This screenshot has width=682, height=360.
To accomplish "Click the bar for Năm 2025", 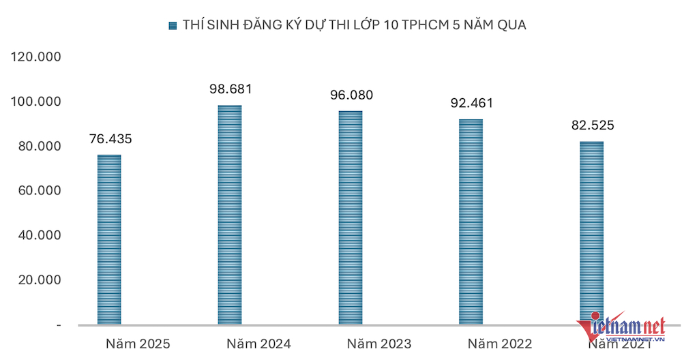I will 109,239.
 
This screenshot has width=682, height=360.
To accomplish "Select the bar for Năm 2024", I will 230,215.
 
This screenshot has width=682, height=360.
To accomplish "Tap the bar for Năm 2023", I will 351,217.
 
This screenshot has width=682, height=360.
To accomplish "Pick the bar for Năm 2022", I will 471,222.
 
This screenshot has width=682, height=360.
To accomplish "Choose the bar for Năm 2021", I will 592,232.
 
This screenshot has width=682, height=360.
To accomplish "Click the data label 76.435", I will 110,139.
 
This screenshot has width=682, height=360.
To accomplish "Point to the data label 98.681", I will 231,89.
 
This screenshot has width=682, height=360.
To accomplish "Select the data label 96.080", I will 352,95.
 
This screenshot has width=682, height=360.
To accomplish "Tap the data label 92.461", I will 472,104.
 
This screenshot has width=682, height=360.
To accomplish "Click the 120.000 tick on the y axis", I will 37,57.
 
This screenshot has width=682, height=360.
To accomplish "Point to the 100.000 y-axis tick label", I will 37,102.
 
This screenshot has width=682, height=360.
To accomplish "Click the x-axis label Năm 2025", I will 138,344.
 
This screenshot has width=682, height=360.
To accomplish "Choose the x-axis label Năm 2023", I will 379,344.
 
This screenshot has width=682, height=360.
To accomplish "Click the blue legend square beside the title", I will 172,26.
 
